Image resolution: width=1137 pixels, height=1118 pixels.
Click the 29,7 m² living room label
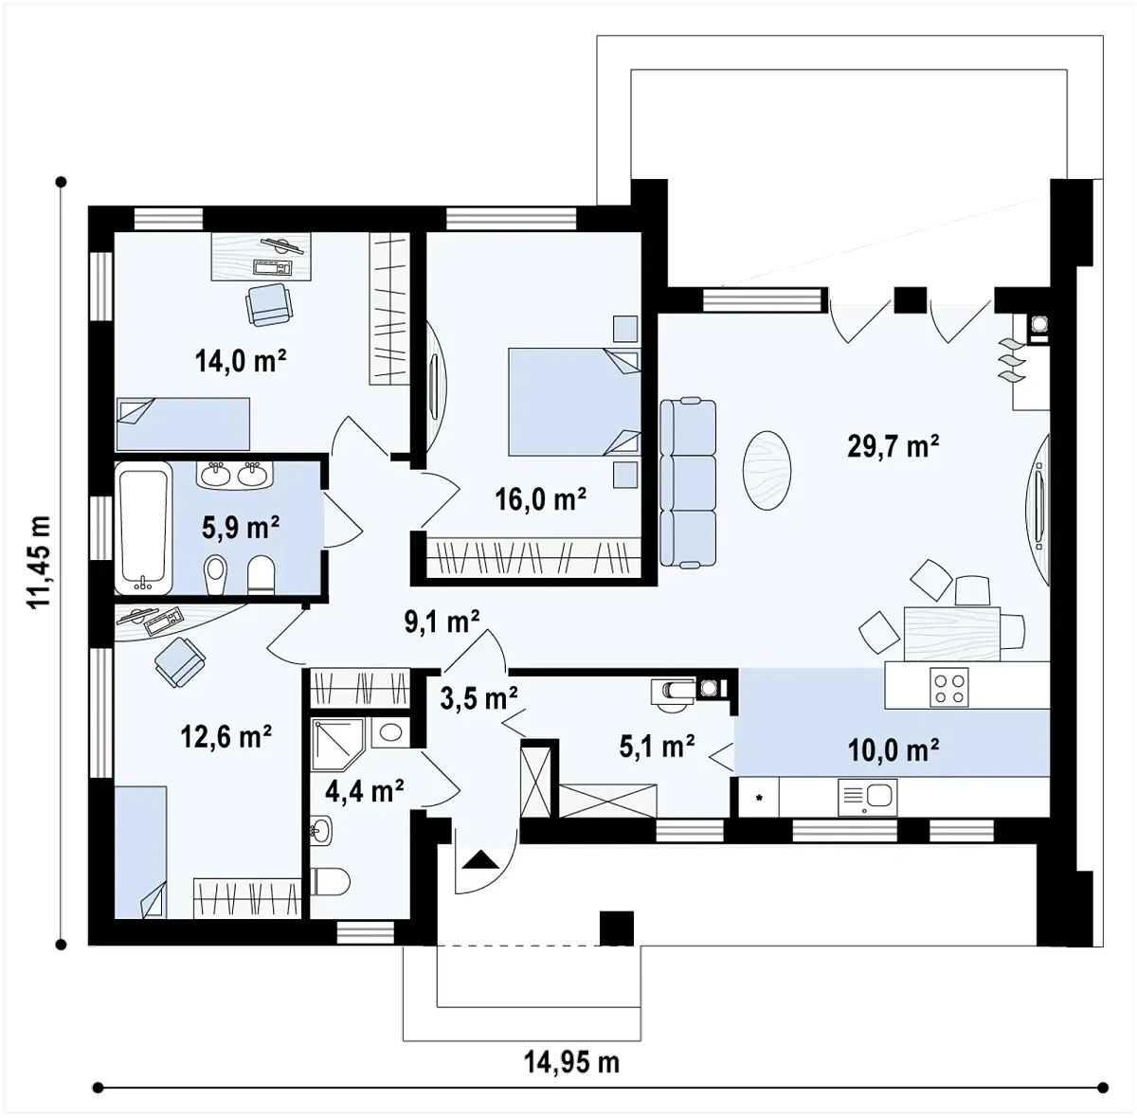click(x=893, y=446)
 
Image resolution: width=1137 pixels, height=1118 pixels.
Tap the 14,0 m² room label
click(x=241, y=361)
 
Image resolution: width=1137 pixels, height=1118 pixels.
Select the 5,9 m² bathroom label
click(x=241, y=527)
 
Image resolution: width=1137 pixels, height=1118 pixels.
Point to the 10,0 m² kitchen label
click(x=893, y=750)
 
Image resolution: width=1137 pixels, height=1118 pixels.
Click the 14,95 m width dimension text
click(x=571, y=1062)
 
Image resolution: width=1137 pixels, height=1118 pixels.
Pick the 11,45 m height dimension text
click(x=40, y=563)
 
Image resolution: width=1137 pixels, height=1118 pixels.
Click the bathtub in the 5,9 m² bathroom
click(x=143, y=527)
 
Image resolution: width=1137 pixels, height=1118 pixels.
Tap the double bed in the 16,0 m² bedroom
click(x=574, y=402)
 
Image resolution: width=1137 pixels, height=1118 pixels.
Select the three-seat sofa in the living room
click(x=688, y=483)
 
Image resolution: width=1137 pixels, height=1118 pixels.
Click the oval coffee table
click(x=767, y=471)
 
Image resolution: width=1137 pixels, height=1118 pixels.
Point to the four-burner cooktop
click(x=948, y=687)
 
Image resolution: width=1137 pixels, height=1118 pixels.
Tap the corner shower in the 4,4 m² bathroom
click(x=338, y=745)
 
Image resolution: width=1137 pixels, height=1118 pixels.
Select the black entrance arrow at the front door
click(x=481, y=858)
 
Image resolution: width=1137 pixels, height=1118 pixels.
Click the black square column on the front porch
click(x=617, y=929)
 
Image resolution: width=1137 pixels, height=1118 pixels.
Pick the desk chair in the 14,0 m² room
click(x=268, y=304)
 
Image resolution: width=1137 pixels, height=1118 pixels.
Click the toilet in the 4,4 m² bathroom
click(x=330, y=882)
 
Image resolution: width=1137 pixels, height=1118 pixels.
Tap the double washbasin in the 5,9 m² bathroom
click(x=235, y=475)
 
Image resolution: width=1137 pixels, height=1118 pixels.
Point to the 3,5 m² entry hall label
click(x=478, y=698)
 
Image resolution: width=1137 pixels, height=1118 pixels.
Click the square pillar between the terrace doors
click(x=910, y=299)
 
